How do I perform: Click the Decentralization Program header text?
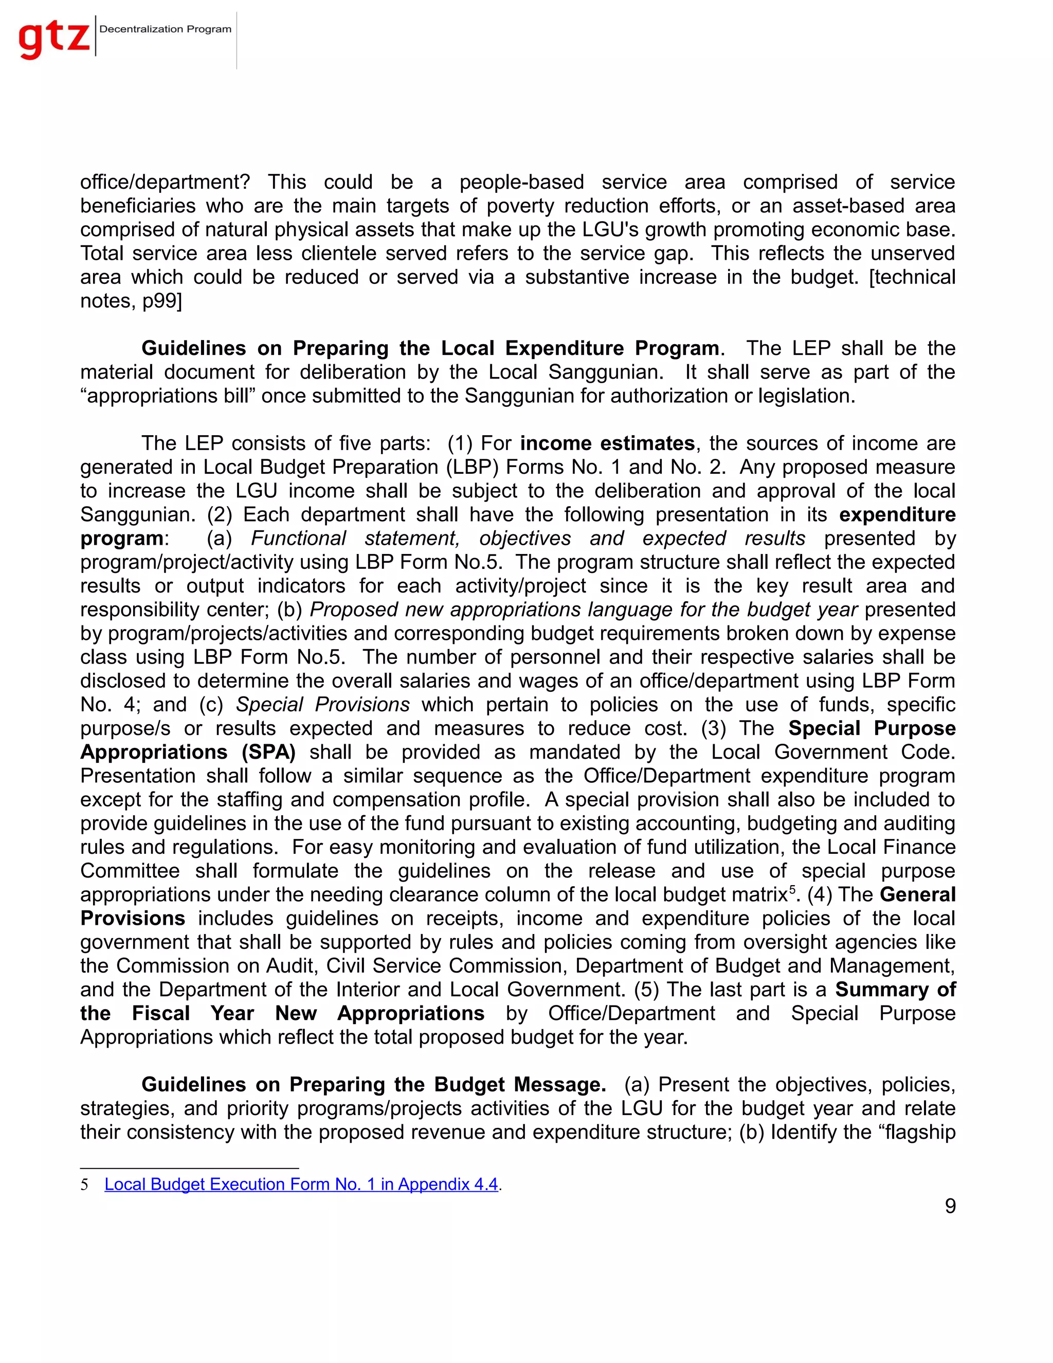[x=166, y=29]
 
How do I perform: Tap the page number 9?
[x=950, y=1206]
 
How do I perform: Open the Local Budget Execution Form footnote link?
[x=301, y=1184]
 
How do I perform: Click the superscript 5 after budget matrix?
[x=792, y=889]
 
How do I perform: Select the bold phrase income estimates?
[x=607, y=443]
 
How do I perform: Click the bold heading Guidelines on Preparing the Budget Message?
[x=373, y=1084]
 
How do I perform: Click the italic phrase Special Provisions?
[x=322, y=704]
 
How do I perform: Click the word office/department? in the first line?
[x=166, y=182]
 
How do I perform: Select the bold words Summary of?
[x=895, y=989]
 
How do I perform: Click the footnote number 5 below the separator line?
[x=84, y=1185]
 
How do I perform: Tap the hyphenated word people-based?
[x=521, y=182]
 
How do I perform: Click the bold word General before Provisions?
[x=917, y=894]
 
